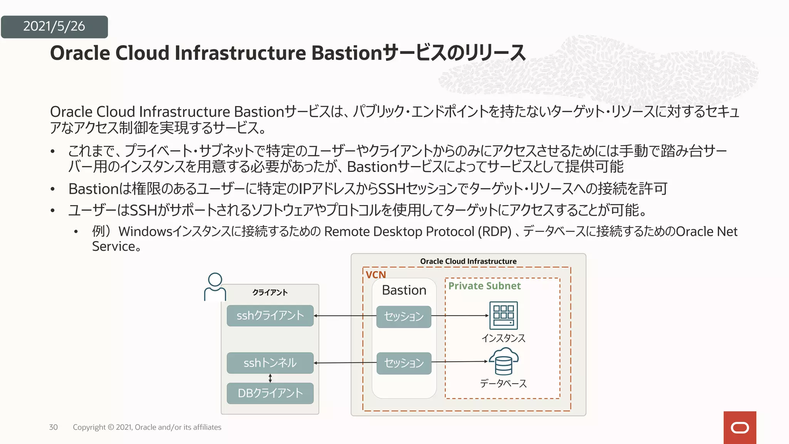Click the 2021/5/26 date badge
(x=54, y=27)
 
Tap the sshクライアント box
(x=270, y=316)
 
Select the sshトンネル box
(x=270, y=363)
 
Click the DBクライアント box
(x=270, y=393)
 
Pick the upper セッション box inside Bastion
(x=404, y=316)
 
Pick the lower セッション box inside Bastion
(x=404, y=363)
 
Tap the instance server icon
(x=503, y=316)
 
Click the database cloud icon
(x=504, y=361)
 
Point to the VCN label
(x=376, y=275)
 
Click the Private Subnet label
(x=484, y=286)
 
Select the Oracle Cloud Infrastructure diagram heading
(x=468, y=261)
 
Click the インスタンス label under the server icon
(x=503, y=338)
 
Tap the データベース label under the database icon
(x=503, y=383)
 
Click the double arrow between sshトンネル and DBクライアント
(x=270, y=378)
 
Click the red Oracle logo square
(x=739, y=427)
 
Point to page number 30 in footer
(x=54, y=427)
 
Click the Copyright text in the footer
(x=147, y=427)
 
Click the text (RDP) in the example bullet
(x=494, y=232)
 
